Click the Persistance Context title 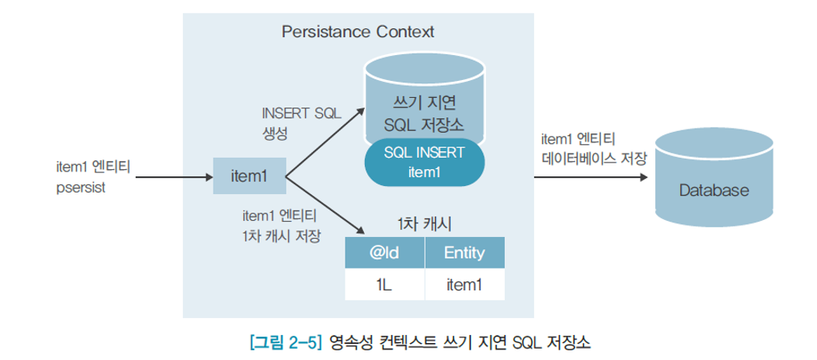tap(358, 32)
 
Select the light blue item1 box tap(249, 176)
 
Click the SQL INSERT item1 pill tap(423, 162)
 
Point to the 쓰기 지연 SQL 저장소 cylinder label tap(423, 112)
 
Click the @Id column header tap(385, 253)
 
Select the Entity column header tap(464, 253)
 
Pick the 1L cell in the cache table tap(385, 284)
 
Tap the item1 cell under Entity tap(464, 284)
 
